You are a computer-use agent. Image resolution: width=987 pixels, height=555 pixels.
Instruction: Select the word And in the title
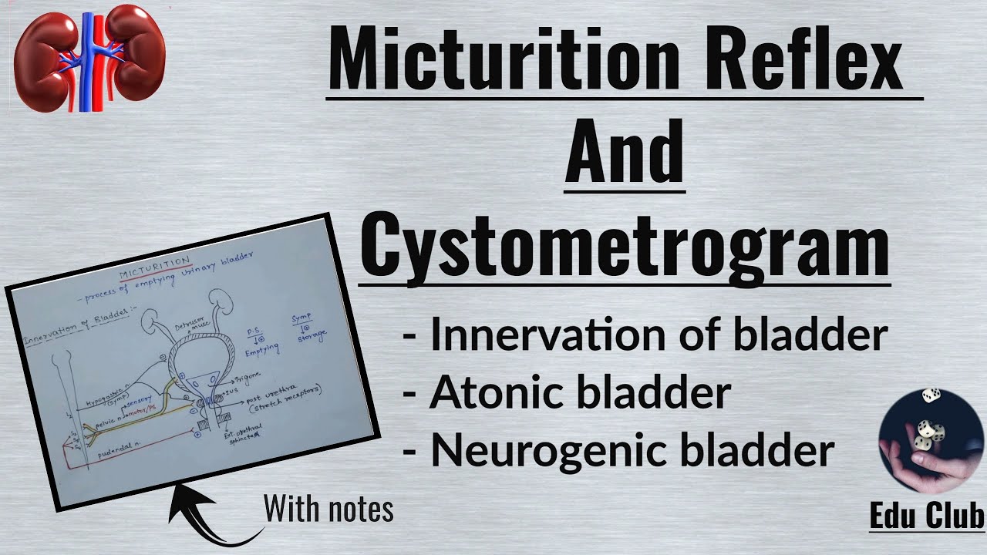point(625,154)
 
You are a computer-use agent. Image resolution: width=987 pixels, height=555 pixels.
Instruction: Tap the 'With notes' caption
point(328,510)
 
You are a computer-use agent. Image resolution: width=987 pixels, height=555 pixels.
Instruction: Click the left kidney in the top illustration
point(48,58)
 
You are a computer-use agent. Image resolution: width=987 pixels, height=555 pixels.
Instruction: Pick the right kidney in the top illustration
point(132,54)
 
